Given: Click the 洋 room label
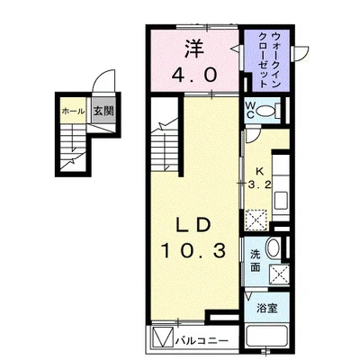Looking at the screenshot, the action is pyautogui.click(x=194, y=49).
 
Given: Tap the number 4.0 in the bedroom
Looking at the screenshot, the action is pyautogui.click(x=194, y=75).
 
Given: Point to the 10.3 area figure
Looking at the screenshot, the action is pyautogui.click(x=193, y=251).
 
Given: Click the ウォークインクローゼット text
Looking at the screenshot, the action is pyautogui.click(x=270, y=59).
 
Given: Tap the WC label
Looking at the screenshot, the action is pyautogui.click(x=250, y=110).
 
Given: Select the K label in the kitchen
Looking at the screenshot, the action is pyautogui.click(x=260, y=172).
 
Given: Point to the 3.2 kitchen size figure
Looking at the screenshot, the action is pyautogui.click(x=260, y=184).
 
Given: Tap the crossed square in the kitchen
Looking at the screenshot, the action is pyautogui.click(x=256, y=220).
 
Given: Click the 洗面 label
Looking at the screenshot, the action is pyautogui.click(x=256, y=261).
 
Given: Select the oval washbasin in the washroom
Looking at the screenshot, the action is pyautogui.click(x=273, y=247).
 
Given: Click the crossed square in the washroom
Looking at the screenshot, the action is pyautogui.click(x=279, y=274).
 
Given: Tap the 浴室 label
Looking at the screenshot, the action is pyautogui.click(x=266, y=308).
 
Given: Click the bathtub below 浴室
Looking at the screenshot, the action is pyautogui.click(x=266, y=337).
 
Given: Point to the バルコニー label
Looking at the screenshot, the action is pyautogui.click(x=202, y=341).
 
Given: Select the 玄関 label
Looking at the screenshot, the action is pyautogui.click(x=103, y=112).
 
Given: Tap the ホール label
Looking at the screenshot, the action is pyautogui.click(x=73, y=112).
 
